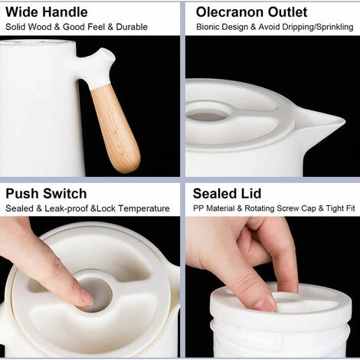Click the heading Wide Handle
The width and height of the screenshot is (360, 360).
click(47, 12)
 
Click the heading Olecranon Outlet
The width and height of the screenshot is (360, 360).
click(251, 12)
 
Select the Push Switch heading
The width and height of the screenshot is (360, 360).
click(46, 194)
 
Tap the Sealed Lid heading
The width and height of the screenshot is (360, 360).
click(227, 194)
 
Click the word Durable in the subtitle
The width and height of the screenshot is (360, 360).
click(132, 27)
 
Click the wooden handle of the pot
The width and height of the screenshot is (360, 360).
click(116, 128)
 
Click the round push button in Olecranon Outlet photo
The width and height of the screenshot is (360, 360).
click(206, 116)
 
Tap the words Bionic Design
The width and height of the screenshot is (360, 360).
click(222, 27)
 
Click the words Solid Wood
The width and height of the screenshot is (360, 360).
click(28, 27)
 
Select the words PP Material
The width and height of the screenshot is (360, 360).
click(214, 208)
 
